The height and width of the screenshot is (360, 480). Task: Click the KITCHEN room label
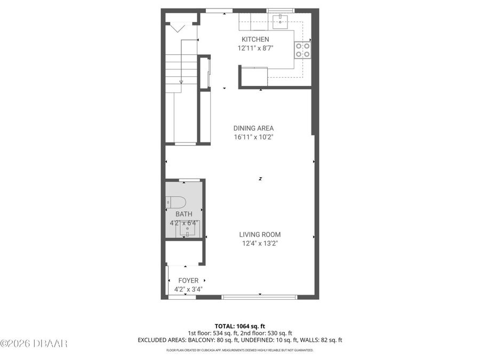[255, 39]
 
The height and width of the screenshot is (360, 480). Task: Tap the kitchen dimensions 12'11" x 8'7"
[255, 48]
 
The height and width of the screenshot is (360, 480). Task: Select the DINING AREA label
[253, 128]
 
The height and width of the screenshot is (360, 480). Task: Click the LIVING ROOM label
[260, 235]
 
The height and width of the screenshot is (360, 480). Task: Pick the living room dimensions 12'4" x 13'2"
[260, 244]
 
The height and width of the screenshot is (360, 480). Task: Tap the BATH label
[184, 214]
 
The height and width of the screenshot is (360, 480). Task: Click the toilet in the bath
[176, 202]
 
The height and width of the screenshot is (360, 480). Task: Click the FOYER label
[188, 281]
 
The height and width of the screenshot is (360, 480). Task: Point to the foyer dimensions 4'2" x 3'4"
[188, 290]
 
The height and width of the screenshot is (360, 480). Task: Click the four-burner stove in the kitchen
[302, 50]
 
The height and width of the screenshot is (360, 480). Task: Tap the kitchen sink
[281, 21]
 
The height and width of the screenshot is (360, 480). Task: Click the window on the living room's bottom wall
[259, 297]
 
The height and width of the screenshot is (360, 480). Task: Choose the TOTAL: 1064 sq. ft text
[239, 325]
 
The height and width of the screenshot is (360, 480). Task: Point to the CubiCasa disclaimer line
[239, 350]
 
